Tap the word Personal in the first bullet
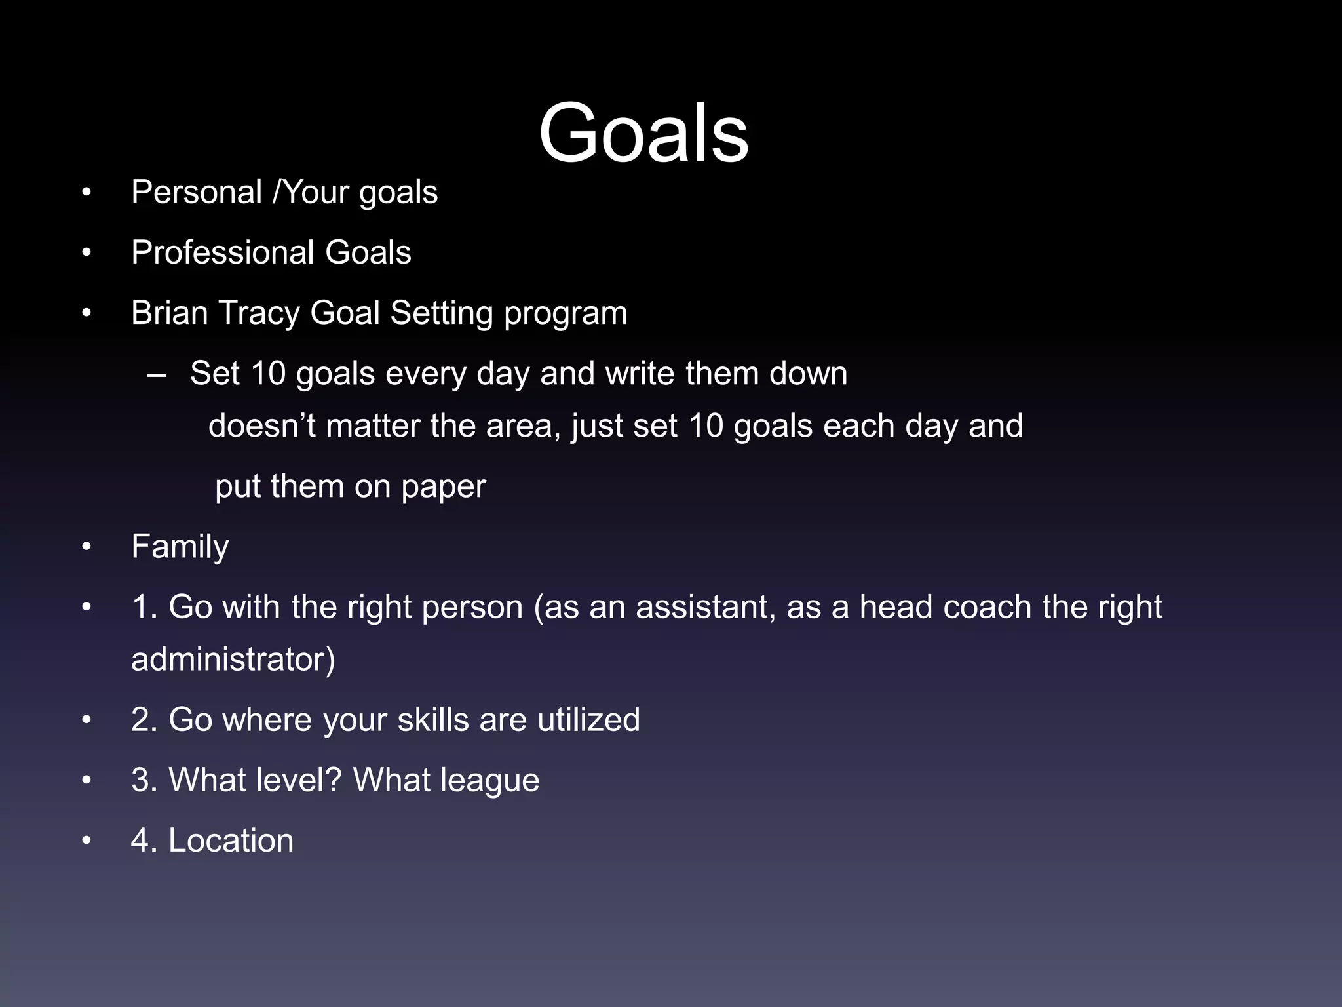pyautogui.click(x=197, y=193)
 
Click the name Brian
pyautogui.click(x=169, y=313)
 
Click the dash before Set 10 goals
pyautogui.click(x=157, y=374)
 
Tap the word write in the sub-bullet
pyautogui.click(x=640, y=374)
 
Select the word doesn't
pyautogui.click(x=261, y=426)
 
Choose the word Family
pyautogui.click(x=180, y=547)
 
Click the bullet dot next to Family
pyautogui.click(x=86, y=547)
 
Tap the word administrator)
pyautogui.click(x=233, y=660)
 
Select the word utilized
pyautogui.click(x=588, y=720)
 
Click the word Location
pyautogui.click(x=231, y=841)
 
